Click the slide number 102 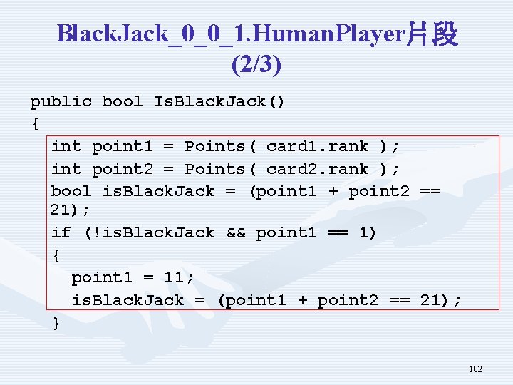(x=476, y=369)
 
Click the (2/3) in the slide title (x=256, y=65)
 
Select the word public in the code (x=61, y=101)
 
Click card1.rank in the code (x=317, y=147)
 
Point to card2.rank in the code (x=317, y=170)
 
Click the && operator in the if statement (x=235, y=232)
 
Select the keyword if (x=61, y=232)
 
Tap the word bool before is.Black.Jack (x=71, y=191)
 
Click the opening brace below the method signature (x=35, y=124)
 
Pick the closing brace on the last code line (x=56, y=323)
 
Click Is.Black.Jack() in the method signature (x=219, y=101)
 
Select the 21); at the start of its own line (x=71, y=210)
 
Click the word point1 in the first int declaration (x=123, y=147)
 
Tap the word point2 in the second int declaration (x=123, y=170)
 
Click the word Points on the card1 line (x=214, y=147)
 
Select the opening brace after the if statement (x=56, y=255)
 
